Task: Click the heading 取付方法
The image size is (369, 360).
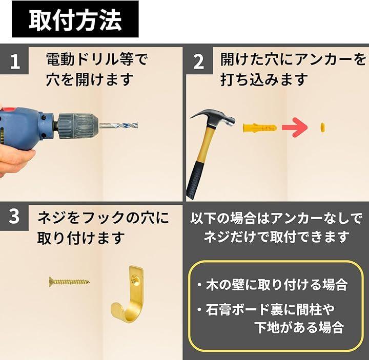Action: (75, 20)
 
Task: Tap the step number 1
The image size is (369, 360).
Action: (15, 61)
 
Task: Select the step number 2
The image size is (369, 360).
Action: (198, 61)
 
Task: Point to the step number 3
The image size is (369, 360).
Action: (14, 216)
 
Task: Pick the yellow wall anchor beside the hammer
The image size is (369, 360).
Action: (259, 128)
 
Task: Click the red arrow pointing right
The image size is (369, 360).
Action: (295, 128)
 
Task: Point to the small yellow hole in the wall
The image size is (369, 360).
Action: (323, 127)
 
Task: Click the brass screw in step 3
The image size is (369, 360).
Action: (69, 281)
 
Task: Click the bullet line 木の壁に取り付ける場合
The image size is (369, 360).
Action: (277, 285)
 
